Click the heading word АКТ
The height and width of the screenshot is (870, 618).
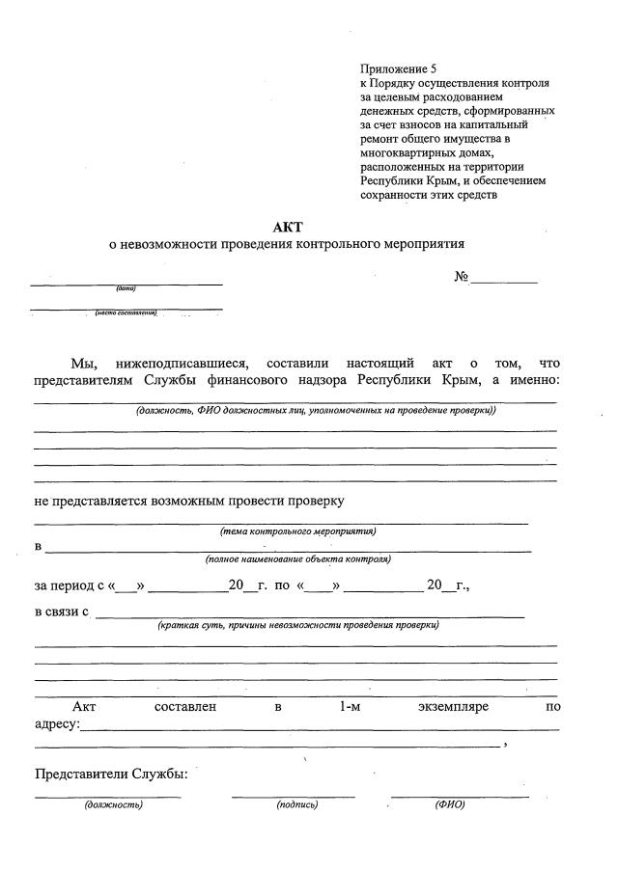[287, 227]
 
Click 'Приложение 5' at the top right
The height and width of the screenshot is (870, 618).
[398, 69]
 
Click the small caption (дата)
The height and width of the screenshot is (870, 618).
[126, 289]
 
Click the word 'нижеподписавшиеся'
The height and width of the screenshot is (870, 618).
[182, 364]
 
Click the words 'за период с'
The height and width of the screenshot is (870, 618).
[69, 585]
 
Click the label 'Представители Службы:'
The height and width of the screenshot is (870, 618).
[111, 774]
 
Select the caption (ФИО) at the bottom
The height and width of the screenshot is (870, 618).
[449, 804]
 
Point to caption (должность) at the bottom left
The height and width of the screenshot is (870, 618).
[113, 804]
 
